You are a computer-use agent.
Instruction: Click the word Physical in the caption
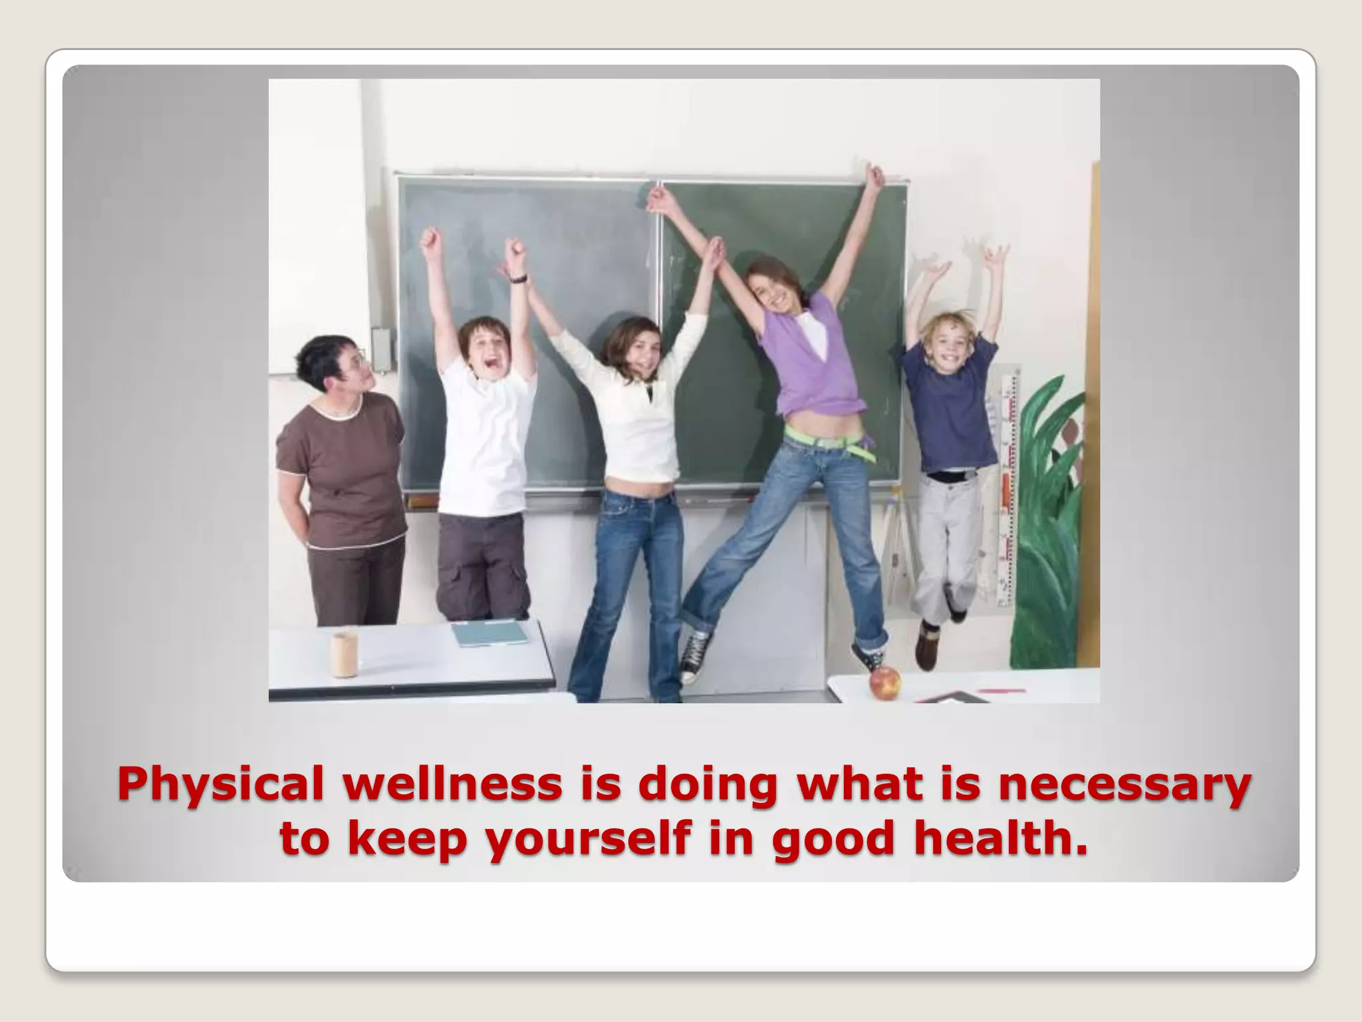coord(220,785)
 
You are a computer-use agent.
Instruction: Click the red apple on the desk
coord(885,683)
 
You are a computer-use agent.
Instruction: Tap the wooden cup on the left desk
coord(344,654)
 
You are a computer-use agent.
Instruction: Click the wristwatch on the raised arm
coord(519,278)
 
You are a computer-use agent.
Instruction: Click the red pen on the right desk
coord(1001,691)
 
